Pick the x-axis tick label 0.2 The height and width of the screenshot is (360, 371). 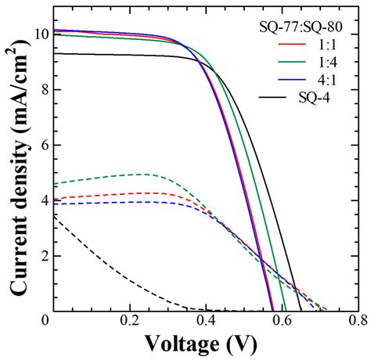128,321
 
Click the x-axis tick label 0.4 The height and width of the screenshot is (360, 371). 205,321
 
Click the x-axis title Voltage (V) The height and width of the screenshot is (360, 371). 205,344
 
